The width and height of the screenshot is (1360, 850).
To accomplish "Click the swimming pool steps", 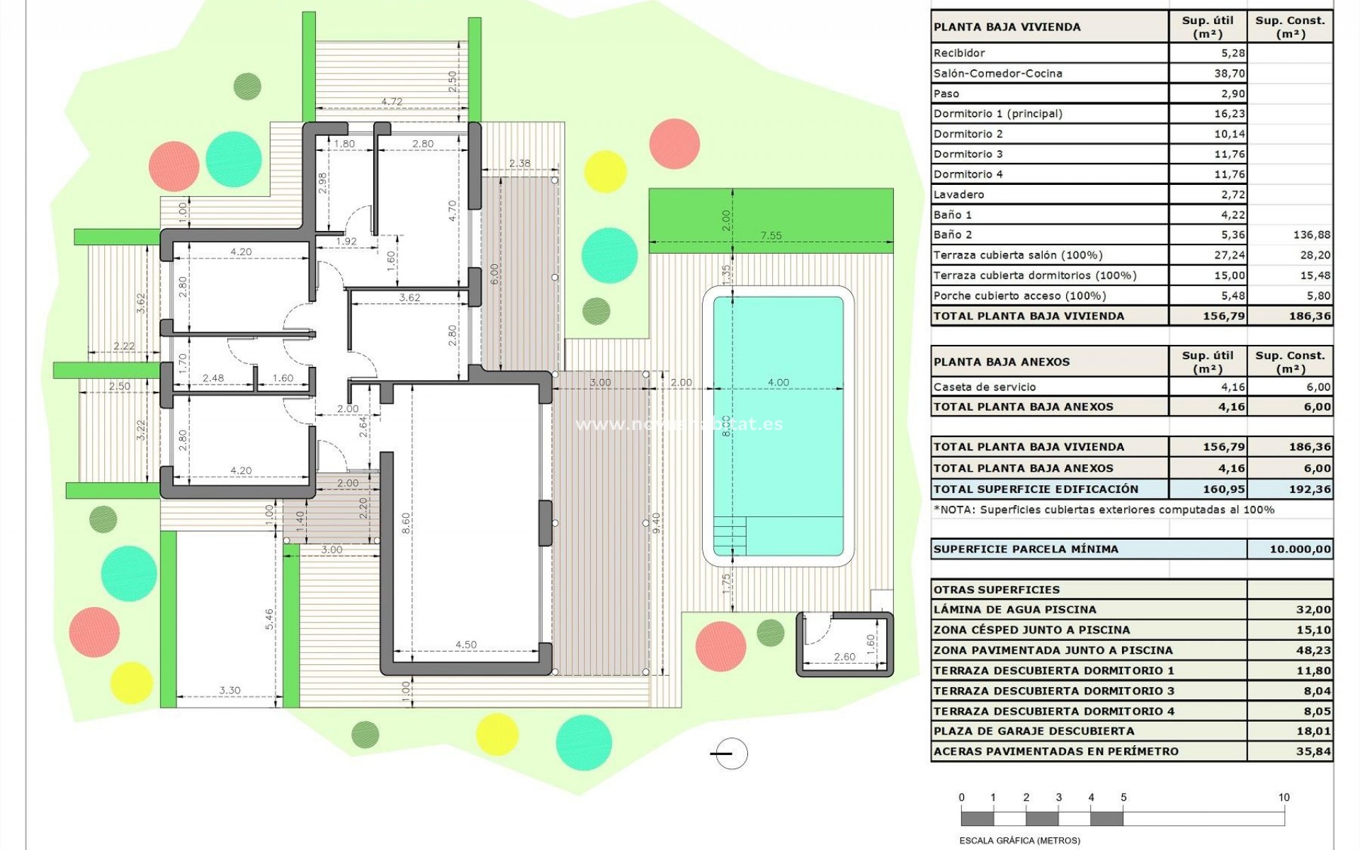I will (730, 536).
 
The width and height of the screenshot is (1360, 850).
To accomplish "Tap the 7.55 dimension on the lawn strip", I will (771, 236).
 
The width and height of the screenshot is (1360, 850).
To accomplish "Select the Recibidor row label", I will (959, 53).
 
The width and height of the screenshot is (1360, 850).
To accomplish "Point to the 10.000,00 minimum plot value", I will (1300, 549).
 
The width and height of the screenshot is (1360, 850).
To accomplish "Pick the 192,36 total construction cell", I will (1310, 489).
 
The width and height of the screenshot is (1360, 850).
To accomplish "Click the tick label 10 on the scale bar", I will (1283, 798).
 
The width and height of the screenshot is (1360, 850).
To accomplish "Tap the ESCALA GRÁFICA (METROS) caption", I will (1019, 841).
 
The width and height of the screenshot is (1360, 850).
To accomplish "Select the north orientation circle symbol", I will (730, 754).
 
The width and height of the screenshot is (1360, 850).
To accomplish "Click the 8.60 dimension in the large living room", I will (406, 523).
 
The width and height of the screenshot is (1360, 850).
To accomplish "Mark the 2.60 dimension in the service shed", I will (844, 657).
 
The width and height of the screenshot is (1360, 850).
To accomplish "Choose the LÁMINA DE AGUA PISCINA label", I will (1014, 609).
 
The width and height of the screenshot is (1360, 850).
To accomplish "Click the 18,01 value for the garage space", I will (1313, 731).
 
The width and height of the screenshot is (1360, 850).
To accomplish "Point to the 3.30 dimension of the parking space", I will (229, 690).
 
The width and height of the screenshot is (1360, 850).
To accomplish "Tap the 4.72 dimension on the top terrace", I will (392, 102).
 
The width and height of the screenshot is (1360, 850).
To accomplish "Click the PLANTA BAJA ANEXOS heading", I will (1002, 362).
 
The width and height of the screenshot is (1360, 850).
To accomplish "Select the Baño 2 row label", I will (952, 234).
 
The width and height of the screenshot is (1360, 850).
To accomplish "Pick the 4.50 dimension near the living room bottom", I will (465, 645).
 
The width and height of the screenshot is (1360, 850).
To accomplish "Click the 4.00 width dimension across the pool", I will (778, 382).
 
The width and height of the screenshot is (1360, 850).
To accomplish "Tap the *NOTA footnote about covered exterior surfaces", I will (1104, 509).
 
